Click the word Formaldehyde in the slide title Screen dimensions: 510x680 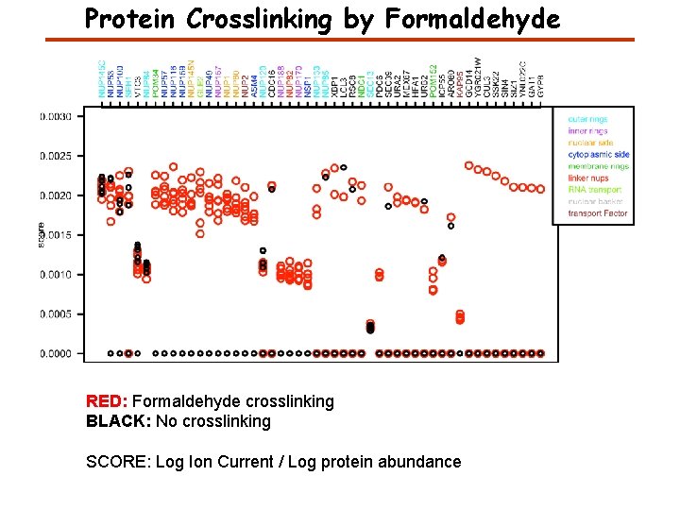tap(469, 19)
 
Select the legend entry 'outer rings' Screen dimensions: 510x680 tap(587, 120)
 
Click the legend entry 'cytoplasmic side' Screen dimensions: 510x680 tap(598, 155)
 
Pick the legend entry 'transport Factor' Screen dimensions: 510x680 tap(597, 213)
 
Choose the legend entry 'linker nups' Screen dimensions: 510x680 tap(588, 178)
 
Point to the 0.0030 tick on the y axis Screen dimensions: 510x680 tap(54, 117)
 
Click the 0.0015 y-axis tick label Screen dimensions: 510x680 tap(54, 235)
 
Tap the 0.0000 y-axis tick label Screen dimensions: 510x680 tap(54, 353)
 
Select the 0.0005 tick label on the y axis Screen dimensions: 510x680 tap(54, 314)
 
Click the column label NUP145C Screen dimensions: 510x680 tap(102, 79)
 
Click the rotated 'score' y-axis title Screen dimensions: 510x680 tap(42, 235)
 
